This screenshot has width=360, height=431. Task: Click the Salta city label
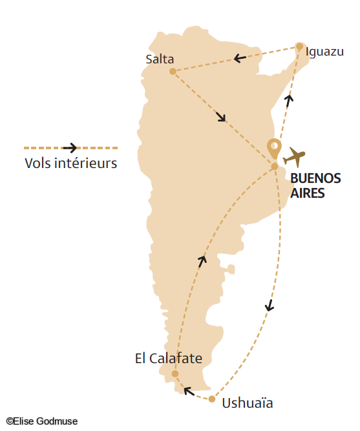point(160,59)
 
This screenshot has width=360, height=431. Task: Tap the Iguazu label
point(324,52)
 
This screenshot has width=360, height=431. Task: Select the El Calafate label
point(169,358)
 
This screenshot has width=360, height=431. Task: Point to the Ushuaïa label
point(248,404)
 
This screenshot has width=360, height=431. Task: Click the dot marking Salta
point(173,71)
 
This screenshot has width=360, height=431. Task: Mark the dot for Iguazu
point(299,46)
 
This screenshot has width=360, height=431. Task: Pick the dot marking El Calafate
point(175,373)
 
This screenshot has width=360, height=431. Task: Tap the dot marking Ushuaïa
point(212,399)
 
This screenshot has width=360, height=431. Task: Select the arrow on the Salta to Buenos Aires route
point(221,117)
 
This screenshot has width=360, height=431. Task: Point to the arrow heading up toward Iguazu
point(289,98)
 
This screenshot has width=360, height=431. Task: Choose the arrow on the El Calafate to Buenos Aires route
point(202,260)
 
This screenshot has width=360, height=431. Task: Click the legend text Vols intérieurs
point(70,163)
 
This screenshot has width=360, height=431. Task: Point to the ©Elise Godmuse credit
point(41,421)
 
